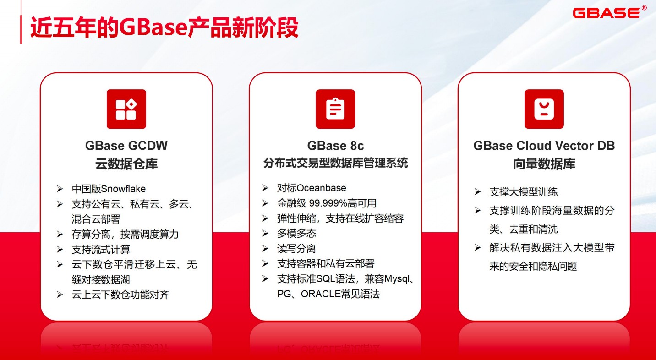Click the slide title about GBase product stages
pos(164,27)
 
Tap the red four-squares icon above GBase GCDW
pos(126,109)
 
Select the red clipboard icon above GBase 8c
pos(335,109)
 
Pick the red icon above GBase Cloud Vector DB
pos(544,109)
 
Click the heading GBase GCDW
pos(126,146)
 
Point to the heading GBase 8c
pos(335,146)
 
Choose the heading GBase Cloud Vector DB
pos(544,146)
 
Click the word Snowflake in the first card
pos(123,189)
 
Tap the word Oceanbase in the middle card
pos(321,188)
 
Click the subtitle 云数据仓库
pos(126,164)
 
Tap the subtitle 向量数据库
pos(544,164)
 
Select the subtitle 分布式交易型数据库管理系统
pos(335,163)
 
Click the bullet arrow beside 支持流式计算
pos(60,250)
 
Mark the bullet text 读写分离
pos(296,249)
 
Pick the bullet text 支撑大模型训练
pos(523,192)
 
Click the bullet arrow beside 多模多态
pos(265,234)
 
